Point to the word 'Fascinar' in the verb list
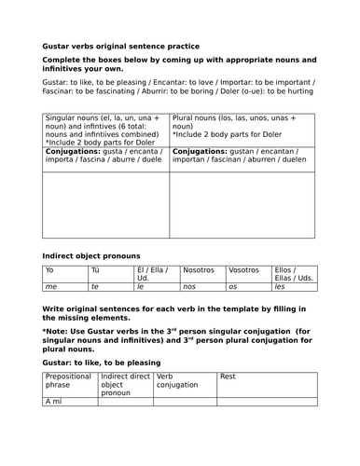pyautogui.click(x=62, y=91)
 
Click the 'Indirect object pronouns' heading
pyautogui.click(x=91, y=254)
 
